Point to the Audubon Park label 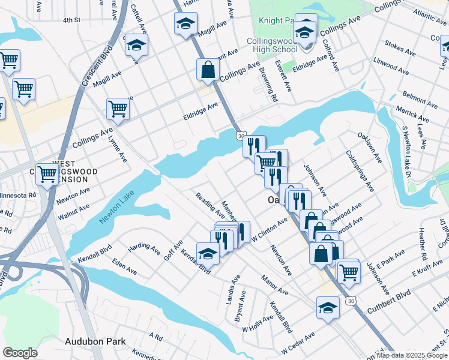(95, 341)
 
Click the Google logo (20, 353)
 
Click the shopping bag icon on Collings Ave (208, 70)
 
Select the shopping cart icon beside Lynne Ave (118, 109)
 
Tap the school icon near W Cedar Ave (328, 308)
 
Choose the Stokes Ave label (400, 49)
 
